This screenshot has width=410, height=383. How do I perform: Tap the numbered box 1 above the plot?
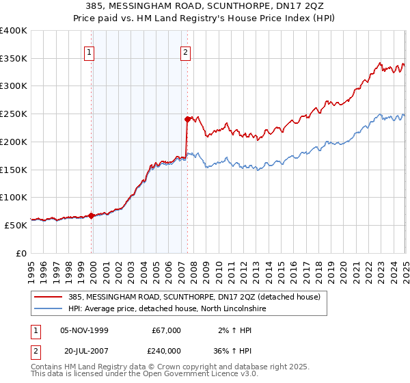(90, 51)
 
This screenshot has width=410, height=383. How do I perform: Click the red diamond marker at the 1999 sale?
(92, 215)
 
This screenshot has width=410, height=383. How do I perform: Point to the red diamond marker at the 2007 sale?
(187, 119)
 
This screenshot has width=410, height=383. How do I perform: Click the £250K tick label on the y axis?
(14, 114)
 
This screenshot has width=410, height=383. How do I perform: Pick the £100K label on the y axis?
(14, 197)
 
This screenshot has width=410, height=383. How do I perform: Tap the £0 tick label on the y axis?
(21, 253)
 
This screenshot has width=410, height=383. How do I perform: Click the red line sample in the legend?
(49, 296)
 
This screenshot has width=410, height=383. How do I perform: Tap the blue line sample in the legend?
(49, 308)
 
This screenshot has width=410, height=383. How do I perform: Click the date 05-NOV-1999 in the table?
(84, 330)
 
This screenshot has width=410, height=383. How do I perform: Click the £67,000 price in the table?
(167, 330)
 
